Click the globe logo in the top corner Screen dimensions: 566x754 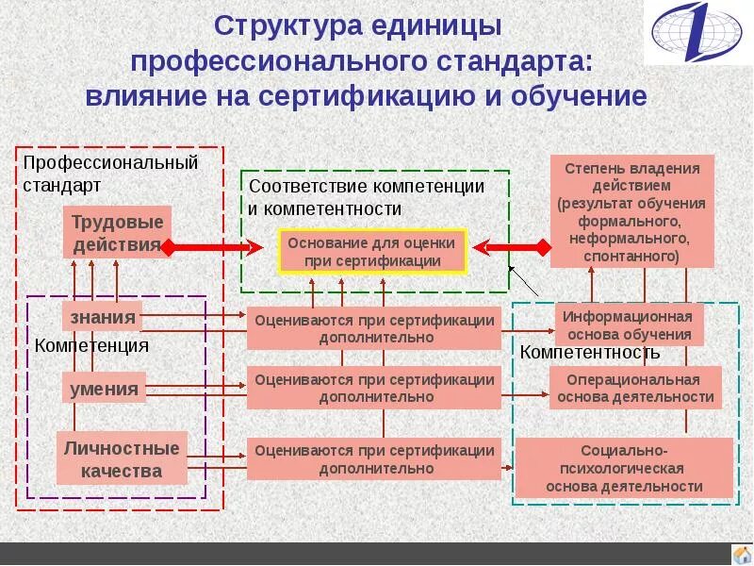pyautogui.click(x=698, y=32)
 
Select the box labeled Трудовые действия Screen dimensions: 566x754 pyautogui.click(x=117, y=233)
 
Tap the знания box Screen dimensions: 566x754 pyautogui.click(x=103, y=316)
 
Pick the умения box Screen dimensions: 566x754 pyautogui.click(x=104, y=388)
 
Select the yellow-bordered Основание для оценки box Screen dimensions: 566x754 pyautogui.click(x=372, y=251)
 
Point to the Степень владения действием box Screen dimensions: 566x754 pyautogui.click(x=632, y=211)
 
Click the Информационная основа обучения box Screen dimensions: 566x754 pyautogui.click(x=628, y=325)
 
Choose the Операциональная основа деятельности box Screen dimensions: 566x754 pyautogui.click(x=635, y=388)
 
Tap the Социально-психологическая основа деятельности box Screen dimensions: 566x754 pyautogui.click(x=624, y=468)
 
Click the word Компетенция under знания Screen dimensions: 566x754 pyautogui.click(x=91, y=345)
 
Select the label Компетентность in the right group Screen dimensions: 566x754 pyautogui.click(x=590, y=353)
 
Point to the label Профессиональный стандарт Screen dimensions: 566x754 pyautogui.click(x=110, y=172)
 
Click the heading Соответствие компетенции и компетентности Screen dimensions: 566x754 pyautogui.click(x=367, y=197)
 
